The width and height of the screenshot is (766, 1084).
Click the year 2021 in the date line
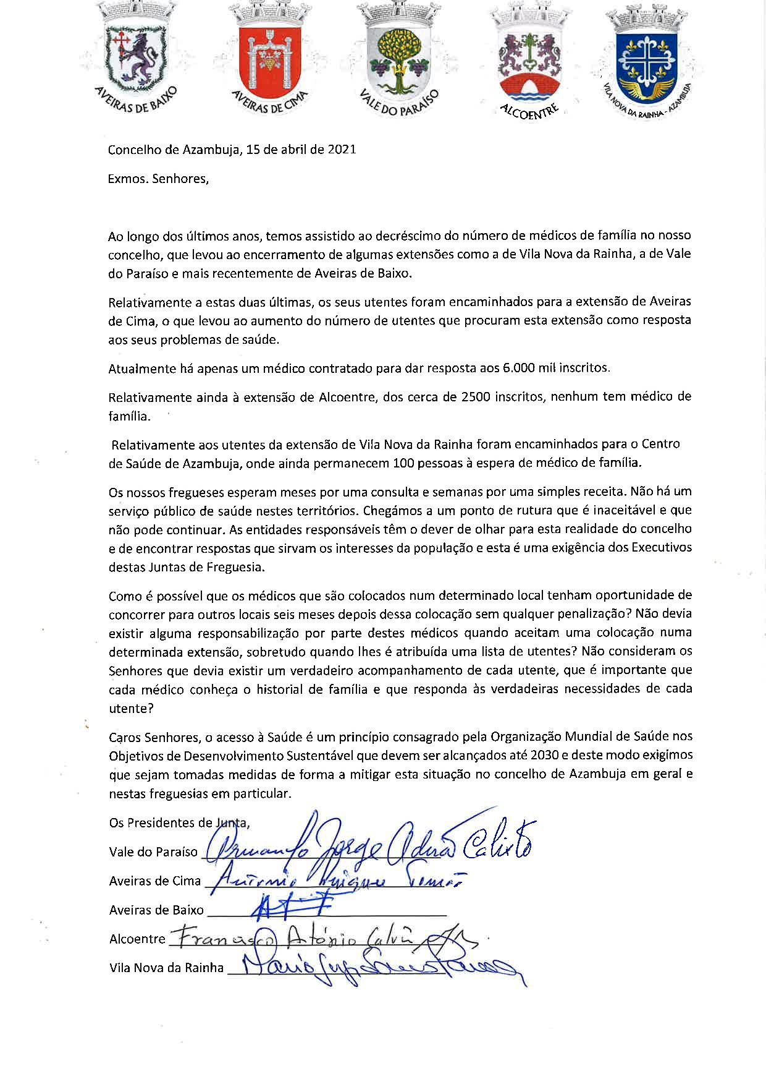click(342, 150)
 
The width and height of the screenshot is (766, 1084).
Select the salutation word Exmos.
click(127, 179)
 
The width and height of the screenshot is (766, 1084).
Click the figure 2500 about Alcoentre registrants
click(477, 396)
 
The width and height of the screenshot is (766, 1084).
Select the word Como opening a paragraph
click(125, 596)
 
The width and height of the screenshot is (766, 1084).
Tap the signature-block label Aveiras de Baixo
click(156, 910)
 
